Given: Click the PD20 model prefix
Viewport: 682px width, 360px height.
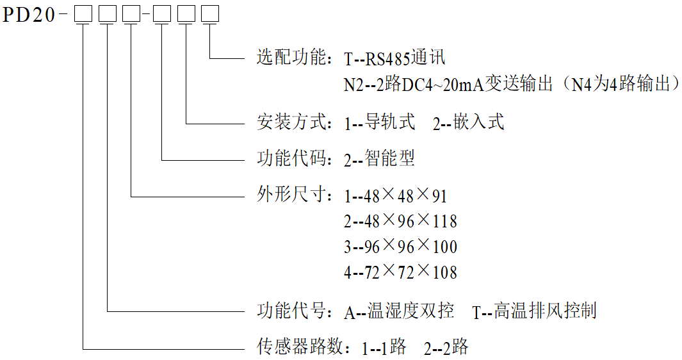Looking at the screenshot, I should (x=29, y=14).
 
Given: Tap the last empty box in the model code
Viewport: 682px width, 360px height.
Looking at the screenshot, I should (x=209, y=13).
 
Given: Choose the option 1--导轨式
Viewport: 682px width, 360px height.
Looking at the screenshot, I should (x=380, y=122).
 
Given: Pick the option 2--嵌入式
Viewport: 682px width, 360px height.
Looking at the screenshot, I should (x=468, y=122).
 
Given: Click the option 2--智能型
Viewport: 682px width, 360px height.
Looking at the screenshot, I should (x=380, y=159).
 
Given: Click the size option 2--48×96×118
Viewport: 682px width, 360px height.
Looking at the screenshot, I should (x=400, y=221).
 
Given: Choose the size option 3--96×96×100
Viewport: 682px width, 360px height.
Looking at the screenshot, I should (x=400, y=247).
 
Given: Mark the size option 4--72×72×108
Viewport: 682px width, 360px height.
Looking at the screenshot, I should (x=400, y=272).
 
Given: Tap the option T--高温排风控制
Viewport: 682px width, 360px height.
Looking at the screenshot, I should (x=534, y=311).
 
